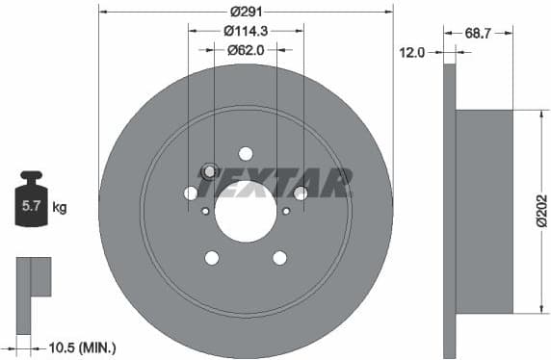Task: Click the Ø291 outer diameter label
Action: point(246,12)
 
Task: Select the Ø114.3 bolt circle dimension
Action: point(246,31)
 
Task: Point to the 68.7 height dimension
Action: point(477,33)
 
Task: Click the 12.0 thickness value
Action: point(412,53)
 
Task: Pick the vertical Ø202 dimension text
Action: point(540,211)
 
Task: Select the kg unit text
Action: point(60,207)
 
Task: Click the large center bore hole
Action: point(246,211)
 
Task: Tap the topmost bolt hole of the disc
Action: point(246,154)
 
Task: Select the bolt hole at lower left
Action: point(212,257)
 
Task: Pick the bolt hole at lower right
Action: point(279,257)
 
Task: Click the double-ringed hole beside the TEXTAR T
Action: point(208,171)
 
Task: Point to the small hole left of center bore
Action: point(205,210)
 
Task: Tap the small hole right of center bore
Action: point(286,210)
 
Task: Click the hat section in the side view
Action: point(484,211)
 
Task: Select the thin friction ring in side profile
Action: point(449,211)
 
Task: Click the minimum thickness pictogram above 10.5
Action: point(33,278)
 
